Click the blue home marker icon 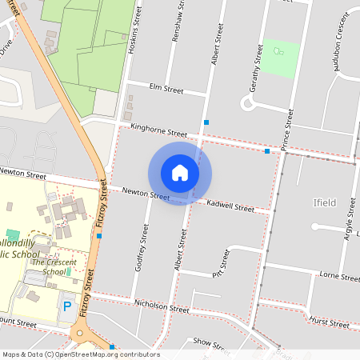pos(180,173)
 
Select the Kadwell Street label pos(230,207)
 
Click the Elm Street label pos(166,90)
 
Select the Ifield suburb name pos(326,204)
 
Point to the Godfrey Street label pos(142,248)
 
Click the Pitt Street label pos(222,261)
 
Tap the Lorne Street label pos(339,277)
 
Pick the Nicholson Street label pos(162,306)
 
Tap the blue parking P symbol pos(68,306)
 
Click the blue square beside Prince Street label pos(267,150)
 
